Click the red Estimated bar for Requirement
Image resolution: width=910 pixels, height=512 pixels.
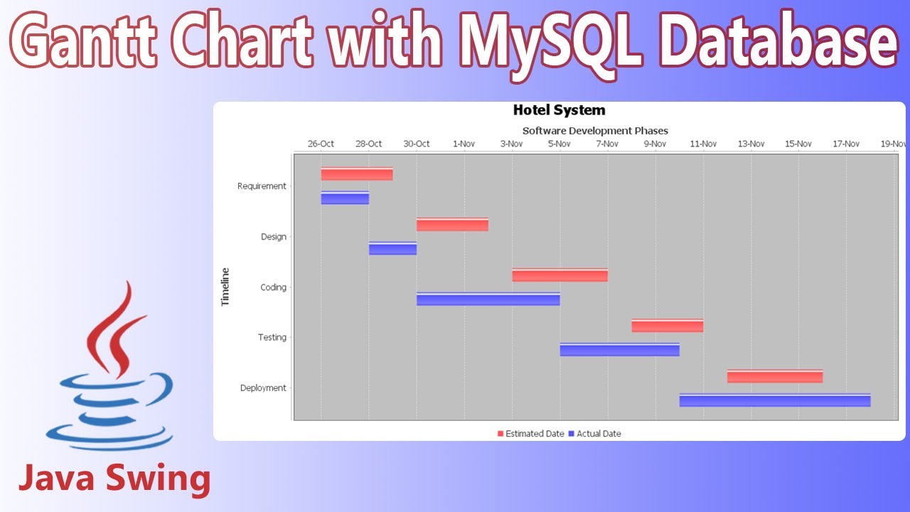point(356,174)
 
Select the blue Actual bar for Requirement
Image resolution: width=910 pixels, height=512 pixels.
point(345,198)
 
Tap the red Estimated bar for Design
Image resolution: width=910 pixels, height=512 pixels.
point(452,225)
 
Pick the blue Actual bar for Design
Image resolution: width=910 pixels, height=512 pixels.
point(392,249)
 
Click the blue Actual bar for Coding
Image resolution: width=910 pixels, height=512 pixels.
point(488,299)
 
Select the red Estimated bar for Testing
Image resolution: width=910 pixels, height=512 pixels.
point(667,326)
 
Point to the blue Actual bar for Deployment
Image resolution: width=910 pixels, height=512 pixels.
point(774,400)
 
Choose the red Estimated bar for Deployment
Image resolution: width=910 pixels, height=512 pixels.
point(774,376)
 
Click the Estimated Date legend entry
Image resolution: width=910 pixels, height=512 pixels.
point(530,434)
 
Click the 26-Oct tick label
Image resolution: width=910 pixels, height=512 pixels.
point(321,144)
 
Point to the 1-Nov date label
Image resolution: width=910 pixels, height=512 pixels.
point(464,144)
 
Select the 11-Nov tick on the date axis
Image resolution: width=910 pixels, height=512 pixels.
point(703,144)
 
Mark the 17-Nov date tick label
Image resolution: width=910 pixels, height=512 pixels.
point(846,144)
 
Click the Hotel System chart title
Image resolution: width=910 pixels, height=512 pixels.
point(559,110)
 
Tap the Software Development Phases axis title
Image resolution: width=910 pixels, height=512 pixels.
point(595,131)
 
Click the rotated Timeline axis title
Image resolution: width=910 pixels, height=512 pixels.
point(225,287)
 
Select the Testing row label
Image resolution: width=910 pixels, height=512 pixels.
point(272,338)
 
